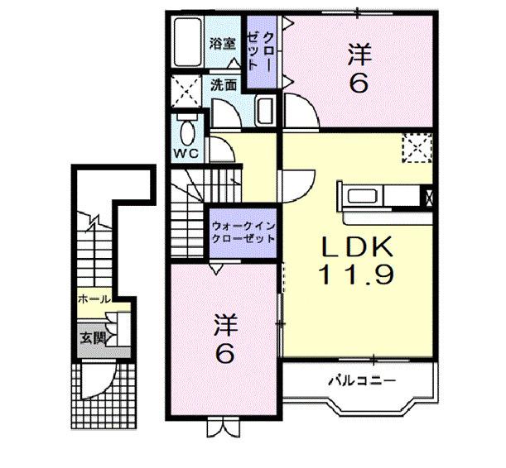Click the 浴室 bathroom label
[221, 45]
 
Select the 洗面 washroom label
[223, 85]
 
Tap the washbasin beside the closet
[265, 109]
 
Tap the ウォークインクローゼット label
[243, 231]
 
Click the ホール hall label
[92, 299]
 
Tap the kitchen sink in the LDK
[362, 197]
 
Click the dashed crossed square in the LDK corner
[417, 150]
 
